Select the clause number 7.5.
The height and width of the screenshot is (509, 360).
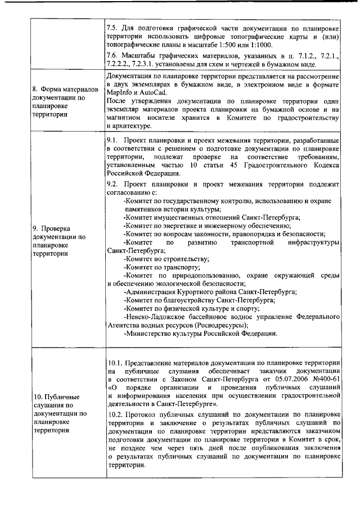pyautogui.click(x=112, y=27)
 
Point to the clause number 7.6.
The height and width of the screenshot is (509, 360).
pyautogui.click(x=112, y=57)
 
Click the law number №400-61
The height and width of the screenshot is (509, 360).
pyautogui.click(x=322, y=379)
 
